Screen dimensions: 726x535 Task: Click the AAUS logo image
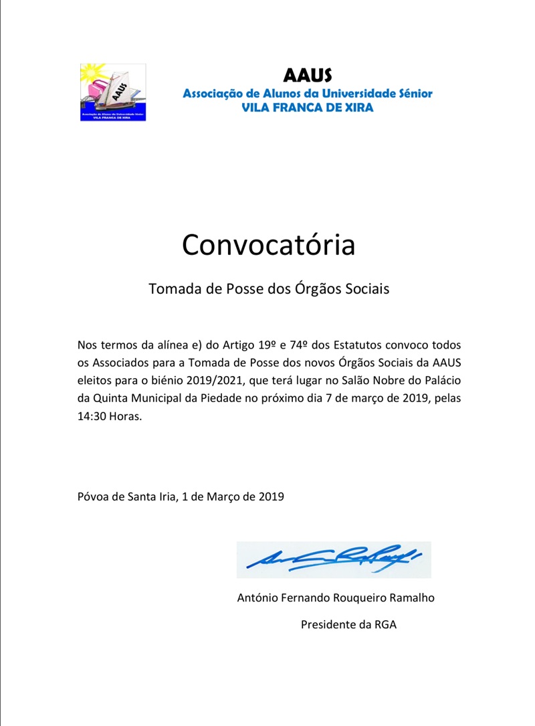(112, 92)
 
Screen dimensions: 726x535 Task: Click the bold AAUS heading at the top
(307, 75)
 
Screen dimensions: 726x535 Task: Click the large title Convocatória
(268, 245)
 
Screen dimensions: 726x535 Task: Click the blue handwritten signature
(333, 559)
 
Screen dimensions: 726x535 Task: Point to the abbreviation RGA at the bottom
(385, 624)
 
